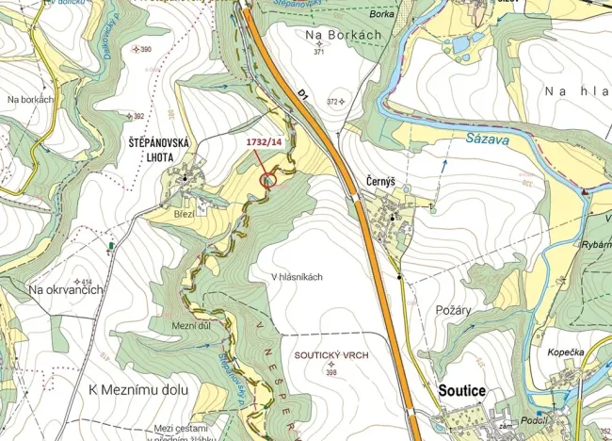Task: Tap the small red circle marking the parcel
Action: (x=267, y=179)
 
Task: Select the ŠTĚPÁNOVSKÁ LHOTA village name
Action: (x=160, y=149)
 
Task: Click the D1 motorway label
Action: (x=303, y=94)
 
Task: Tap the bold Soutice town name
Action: (x=462, y=390)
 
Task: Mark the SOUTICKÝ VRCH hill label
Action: (x=331, y=355)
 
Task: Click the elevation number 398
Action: (x=331, y=372)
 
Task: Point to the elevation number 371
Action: (x=319, y=52)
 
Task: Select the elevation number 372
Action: (x=331, y=101)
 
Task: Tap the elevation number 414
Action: (x=86, y=282)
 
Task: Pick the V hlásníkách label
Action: (x=297, y=276)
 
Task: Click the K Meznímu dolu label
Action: (x=138, y=389)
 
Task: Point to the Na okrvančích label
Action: (x=65, y=289)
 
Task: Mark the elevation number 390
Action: (x=145, y=49)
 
